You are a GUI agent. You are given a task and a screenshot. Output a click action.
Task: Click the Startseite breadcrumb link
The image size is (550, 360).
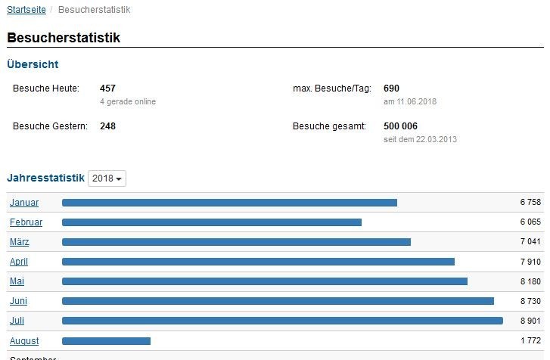click(26, 10)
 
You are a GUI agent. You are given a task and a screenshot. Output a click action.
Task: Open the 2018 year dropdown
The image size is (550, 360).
click(107, 178)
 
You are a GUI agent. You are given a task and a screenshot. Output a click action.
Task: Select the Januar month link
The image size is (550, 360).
click(24, 203)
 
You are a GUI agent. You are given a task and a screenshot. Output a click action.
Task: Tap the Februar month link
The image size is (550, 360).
click(26, 222)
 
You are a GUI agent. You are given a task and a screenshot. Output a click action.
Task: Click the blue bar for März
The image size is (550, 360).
click(236, 242)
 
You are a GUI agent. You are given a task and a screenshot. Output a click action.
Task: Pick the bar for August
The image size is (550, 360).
click(106, 341)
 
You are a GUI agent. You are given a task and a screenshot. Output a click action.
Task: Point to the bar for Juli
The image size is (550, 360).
click(282, 321)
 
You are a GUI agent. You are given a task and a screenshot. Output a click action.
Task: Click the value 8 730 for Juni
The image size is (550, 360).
click(530, 301)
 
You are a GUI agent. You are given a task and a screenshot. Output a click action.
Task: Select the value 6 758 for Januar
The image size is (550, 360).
click(530, 203)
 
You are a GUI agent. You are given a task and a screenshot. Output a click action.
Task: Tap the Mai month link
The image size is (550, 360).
click(17, 281)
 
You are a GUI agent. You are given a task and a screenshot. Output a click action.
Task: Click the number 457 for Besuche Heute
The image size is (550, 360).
click(107, 88)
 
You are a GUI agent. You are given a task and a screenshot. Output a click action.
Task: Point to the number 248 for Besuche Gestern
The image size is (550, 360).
click(107, 126)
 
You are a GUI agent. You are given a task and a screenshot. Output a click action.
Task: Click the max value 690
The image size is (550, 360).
click(391, 88)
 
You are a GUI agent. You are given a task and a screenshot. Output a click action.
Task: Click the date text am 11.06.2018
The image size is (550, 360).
click(410, 101)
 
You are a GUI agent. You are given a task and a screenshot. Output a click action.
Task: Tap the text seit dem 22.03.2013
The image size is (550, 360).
click(420, 139)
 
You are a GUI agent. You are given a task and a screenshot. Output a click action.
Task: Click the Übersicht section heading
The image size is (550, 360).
click(33, 65)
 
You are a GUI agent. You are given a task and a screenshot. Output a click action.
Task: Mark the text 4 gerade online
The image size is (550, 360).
click(128, 101)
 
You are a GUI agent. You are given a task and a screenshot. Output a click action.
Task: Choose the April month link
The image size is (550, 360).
click(19, 262)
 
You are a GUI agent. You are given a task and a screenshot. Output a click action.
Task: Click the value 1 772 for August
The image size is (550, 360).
click(530, 341)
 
